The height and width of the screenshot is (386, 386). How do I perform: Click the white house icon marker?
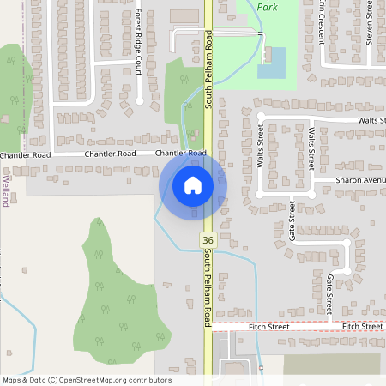click(193, 184)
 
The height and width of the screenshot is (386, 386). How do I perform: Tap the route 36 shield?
click(207, 241)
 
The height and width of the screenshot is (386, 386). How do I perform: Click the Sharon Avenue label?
click(360, 181)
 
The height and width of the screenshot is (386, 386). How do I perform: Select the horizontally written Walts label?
click(371, 122)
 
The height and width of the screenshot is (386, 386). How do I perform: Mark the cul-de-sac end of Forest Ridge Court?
click(139, 101)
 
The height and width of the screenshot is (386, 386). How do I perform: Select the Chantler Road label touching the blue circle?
click(181, 154)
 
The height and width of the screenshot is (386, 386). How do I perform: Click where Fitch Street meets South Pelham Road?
click(208, 327)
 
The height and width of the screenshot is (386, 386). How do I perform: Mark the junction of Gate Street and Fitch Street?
click(329, 327)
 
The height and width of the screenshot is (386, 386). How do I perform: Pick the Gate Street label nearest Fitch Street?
click(329, 294)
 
